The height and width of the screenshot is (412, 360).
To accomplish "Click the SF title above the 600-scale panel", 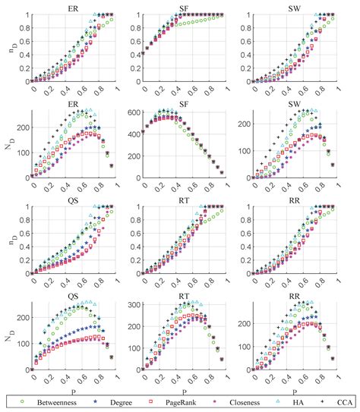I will (181, 105).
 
